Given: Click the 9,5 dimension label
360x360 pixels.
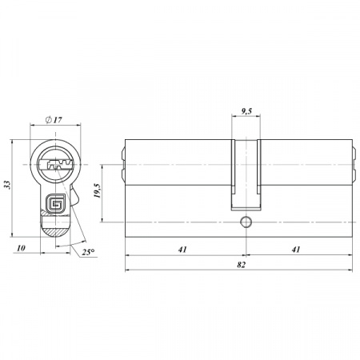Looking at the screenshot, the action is coord(246,110).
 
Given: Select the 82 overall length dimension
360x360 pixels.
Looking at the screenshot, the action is coord(241,265).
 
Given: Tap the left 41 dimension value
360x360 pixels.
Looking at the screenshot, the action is coord(182,250).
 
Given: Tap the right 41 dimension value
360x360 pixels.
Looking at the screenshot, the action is coord(296,250).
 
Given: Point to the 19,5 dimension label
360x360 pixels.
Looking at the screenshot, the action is coord(98,190).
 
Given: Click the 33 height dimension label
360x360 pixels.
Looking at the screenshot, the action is coord(7,185).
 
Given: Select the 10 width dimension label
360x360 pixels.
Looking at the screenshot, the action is coord(21,248).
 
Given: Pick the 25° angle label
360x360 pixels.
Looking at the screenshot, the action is coord(88,252).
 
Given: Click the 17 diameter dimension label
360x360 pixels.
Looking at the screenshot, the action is coord(58,120).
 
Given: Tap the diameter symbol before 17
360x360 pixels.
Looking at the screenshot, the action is coord(48,120).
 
